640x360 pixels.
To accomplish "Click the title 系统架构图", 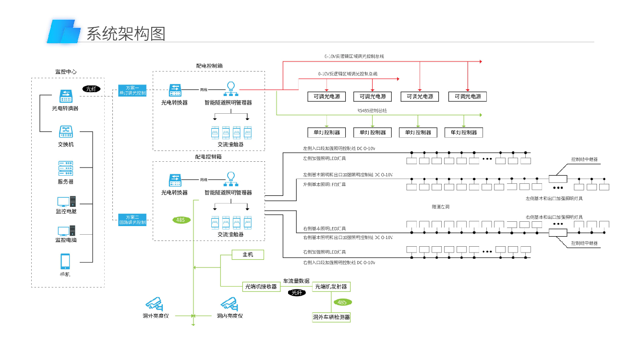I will pyautogui.click(x=126, y=34).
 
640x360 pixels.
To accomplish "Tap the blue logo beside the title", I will pyautogui.click(x=63, y=32).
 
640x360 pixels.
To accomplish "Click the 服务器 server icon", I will pyautogui.click(x=65, y=168).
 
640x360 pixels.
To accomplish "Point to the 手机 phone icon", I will pyautogui.click(x=65, y=262).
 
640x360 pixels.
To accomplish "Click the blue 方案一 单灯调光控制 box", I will pyautogui.click(x=132, y=90).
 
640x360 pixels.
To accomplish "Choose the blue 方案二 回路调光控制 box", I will pyautogui.click(x=132, y=220).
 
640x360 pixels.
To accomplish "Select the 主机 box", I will pyautogui.click(x=248, y=255).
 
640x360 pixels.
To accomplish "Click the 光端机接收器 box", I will pyautogui.click(x=261, y=287).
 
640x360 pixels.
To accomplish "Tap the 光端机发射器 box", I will pyautogui.click(x=331, y=287).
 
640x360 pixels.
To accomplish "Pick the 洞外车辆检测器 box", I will pyautogui.click(x=331, y=317).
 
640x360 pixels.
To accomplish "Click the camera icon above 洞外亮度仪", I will pyautogui.click(x=155, y=303).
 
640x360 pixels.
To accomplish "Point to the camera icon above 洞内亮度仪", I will pyautogui.click(x=229, y=303).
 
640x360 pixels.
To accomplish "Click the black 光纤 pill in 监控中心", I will pyautogui.click(x=90, y=89).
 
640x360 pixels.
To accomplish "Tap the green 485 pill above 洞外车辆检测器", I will pyautogui.click(x=342, y=302).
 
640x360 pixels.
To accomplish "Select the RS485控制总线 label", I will pyautogui.click(x=372, y=110).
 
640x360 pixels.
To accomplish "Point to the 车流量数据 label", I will pyautogui.click(x=296, y=281).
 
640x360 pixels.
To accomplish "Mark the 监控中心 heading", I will pyautogui.click(x=66, y=72).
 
